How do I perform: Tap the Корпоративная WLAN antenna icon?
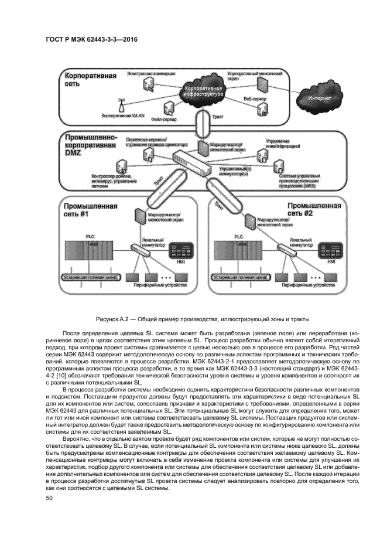pos(122,104)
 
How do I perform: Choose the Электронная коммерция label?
pos(150,74)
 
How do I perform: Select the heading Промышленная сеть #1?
pos(90,210)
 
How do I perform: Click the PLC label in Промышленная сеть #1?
pos(90,236)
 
